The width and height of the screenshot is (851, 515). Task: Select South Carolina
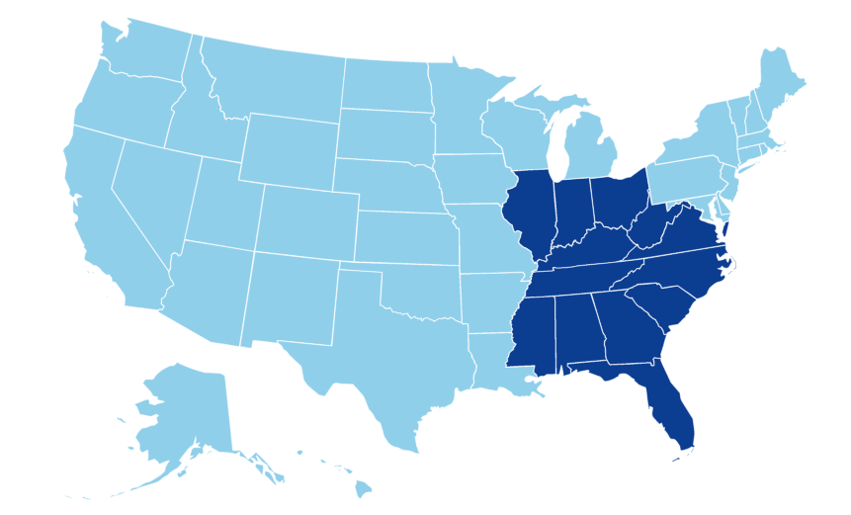(660, 307)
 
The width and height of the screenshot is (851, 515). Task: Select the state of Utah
(222, 203)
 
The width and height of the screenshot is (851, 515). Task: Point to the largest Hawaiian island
(363, 487)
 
